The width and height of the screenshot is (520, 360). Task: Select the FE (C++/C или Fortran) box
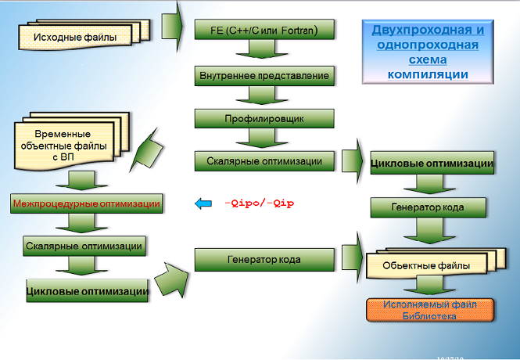click(x=264, y=31)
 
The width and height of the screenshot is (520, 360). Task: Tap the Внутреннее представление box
click(x=264, y=76)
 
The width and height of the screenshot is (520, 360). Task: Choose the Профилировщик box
click(x=264, y=119)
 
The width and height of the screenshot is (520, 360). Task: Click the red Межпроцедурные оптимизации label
click(x=87, y=203)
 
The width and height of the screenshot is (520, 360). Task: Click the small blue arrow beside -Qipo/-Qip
click(x=203, y=204)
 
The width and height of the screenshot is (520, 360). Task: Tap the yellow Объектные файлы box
click(x=426, y=266)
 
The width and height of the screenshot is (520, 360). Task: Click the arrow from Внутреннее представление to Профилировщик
click(x=264, y=97)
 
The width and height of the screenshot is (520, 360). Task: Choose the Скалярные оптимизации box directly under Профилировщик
click(x=264, y=161)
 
